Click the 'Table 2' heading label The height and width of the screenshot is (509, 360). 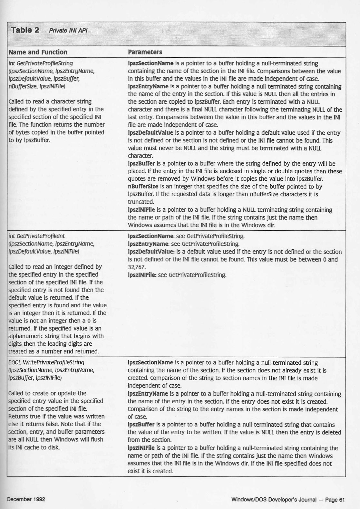tap(25, 30)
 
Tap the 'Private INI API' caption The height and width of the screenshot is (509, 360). tap(68, 31)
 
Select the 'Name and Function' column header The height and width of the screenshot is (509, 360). tap(38, 52)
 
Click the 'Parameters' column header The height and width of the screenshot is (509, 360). tap(145, 52)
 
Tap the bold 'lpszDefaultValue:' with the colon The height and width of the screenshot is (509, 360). tap(151, 252)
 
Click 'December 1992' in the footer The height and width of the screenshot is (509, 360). tap(26, 499)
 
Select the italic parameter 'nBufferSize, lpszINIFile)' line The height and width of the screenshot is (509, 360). tap(37, 86)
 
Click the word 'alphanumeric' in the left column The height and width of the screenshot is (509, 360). tap(25, 336)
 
